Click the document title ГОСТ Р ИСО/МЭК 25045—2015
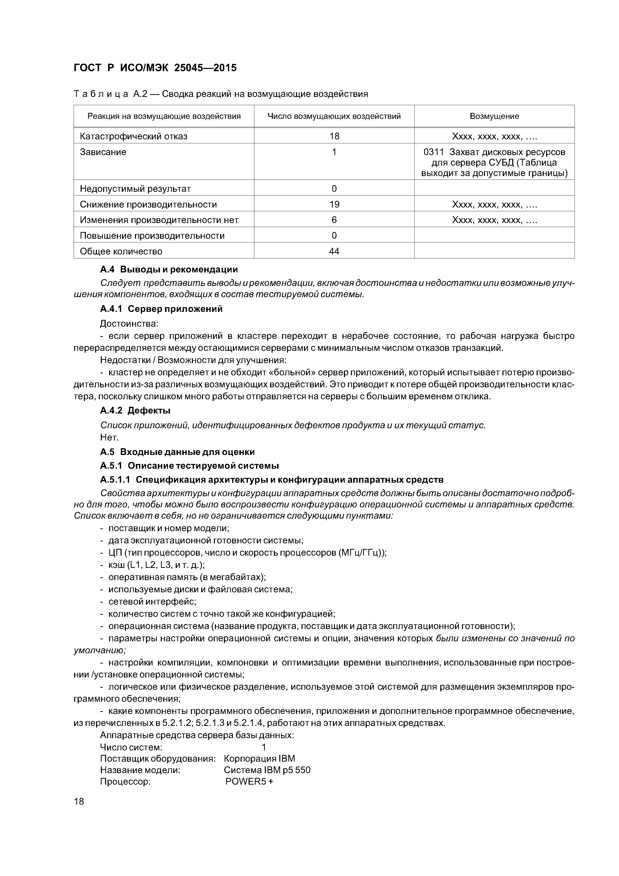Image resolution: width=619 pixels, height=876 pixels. pyautogui.click(x=155, y=68)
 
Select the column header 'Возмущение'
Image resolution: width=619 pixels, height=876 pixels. pyautogui.click(x=494, y=116)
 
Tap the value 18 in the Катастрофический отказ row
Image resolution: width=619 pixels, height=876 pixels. pyautogui.click(x=334, y=136)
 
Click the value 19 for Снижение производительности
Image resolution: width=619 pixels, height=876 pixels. pyautogui.click(x=334, y=205)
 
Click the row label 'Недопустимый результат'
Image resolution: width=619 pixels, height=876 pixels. pyautogui.click(x=135, y=189)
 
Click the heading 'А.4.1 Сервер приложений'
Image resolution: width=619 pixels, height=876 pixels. pyautogui.click(x=161, y=309)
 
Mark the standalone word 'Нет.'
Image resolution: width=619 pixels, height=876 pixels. pyautogui.click(x=110, y=437)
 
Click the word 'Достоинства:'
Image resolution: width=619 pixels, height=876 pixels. pyautogui.click(x=129, y=324)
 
